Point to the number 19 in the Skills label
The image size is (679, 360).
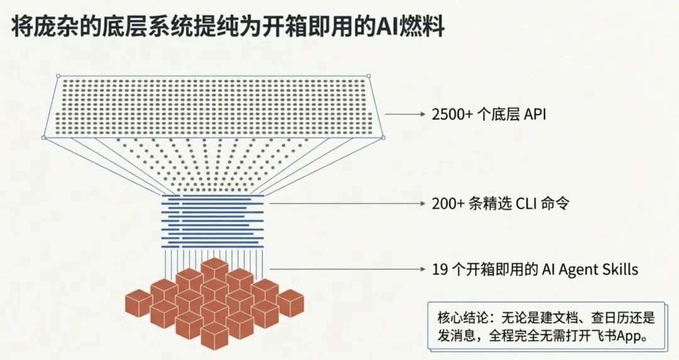click(439, 270)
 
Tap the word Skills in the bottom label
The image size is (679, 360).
click(620, 270)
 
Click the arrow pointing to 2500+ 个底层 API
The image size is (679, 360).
click(406, 114)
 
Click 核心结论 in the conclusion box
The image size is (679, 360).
click(460, 317)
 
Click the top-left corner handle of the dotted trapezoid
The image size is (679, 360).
click(57, 77)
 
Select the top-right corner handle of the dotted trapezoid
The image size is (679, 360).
click(368, 76)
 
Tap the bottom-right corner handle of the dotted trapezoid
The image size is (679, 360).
click(383, 136)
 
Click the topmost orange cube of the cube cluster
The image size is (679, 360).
click(214, 269)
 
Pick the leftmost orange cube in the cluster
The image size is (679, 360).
click(138, 302)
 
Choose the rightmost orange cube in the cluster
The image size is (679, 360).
click(290, 302)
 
